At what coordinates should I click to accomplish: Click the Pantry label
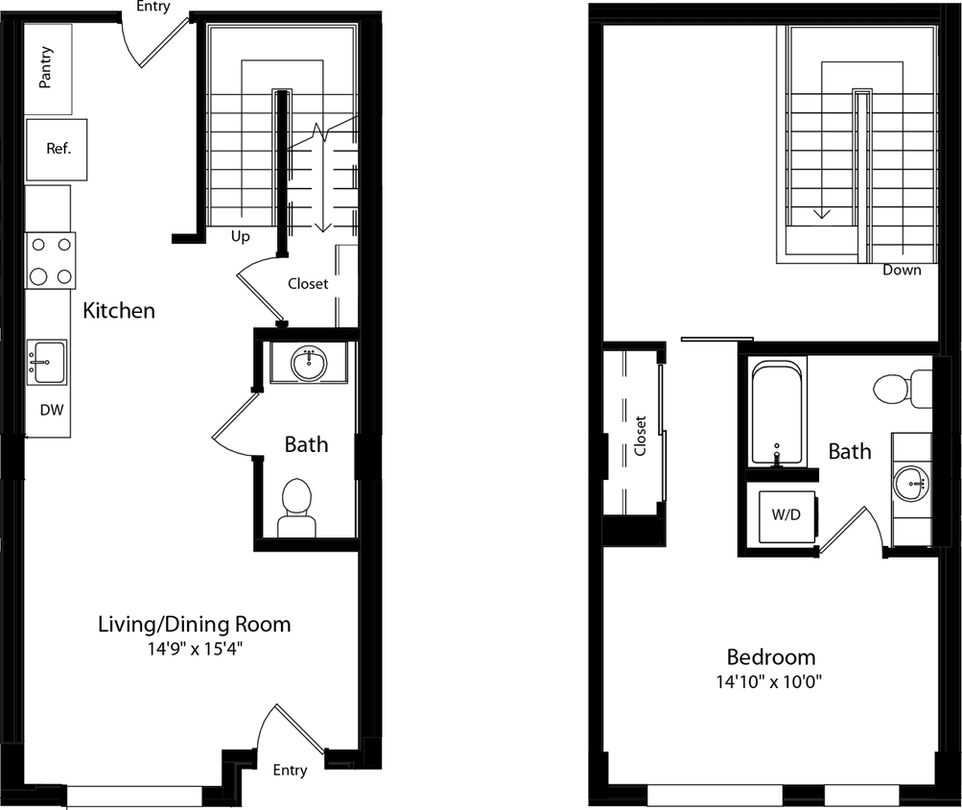pyautogui.click(x=46, y=68)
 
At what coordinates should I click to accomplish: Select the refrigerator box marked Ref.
pyautogui.click(x=57, y=150)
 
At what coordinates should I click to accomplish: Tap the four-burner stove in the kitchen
pyautogui.click(x=51, y=260)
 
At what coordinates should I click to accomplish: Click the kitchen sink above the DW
pyautogui.click(x=46, y=360)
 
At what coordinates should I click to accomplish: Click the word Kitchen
pyautogui.click(x=119, y=311)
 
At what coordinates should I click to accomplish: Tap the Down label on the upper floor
pyautogui.click(x=902, y=270)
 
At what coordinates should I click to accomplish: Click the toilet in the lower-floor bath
pyautogui.click(x=295, y=509)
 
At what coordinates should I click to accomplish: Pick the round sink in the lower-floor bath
pyautogui.click(x=309, y=364)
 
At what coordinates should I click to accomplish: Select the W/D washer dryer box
pyautogui.click(x=786, y=514)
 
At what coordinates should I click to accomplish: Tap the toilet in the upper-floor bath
pyautogui.click(x=901, y=389)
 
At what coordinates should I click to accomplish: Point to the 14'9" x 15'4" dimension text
pyautogui.click(x=195, y=648)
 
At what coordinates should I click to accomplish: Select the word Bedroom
pyautogui.click(x=770, y=657)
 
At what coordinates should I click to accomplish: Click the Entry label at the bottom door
pyautogui.click(x=290, y=770)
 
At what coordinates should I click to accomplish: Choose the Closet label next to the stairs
pyautogui.click(x=308, y=284)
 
